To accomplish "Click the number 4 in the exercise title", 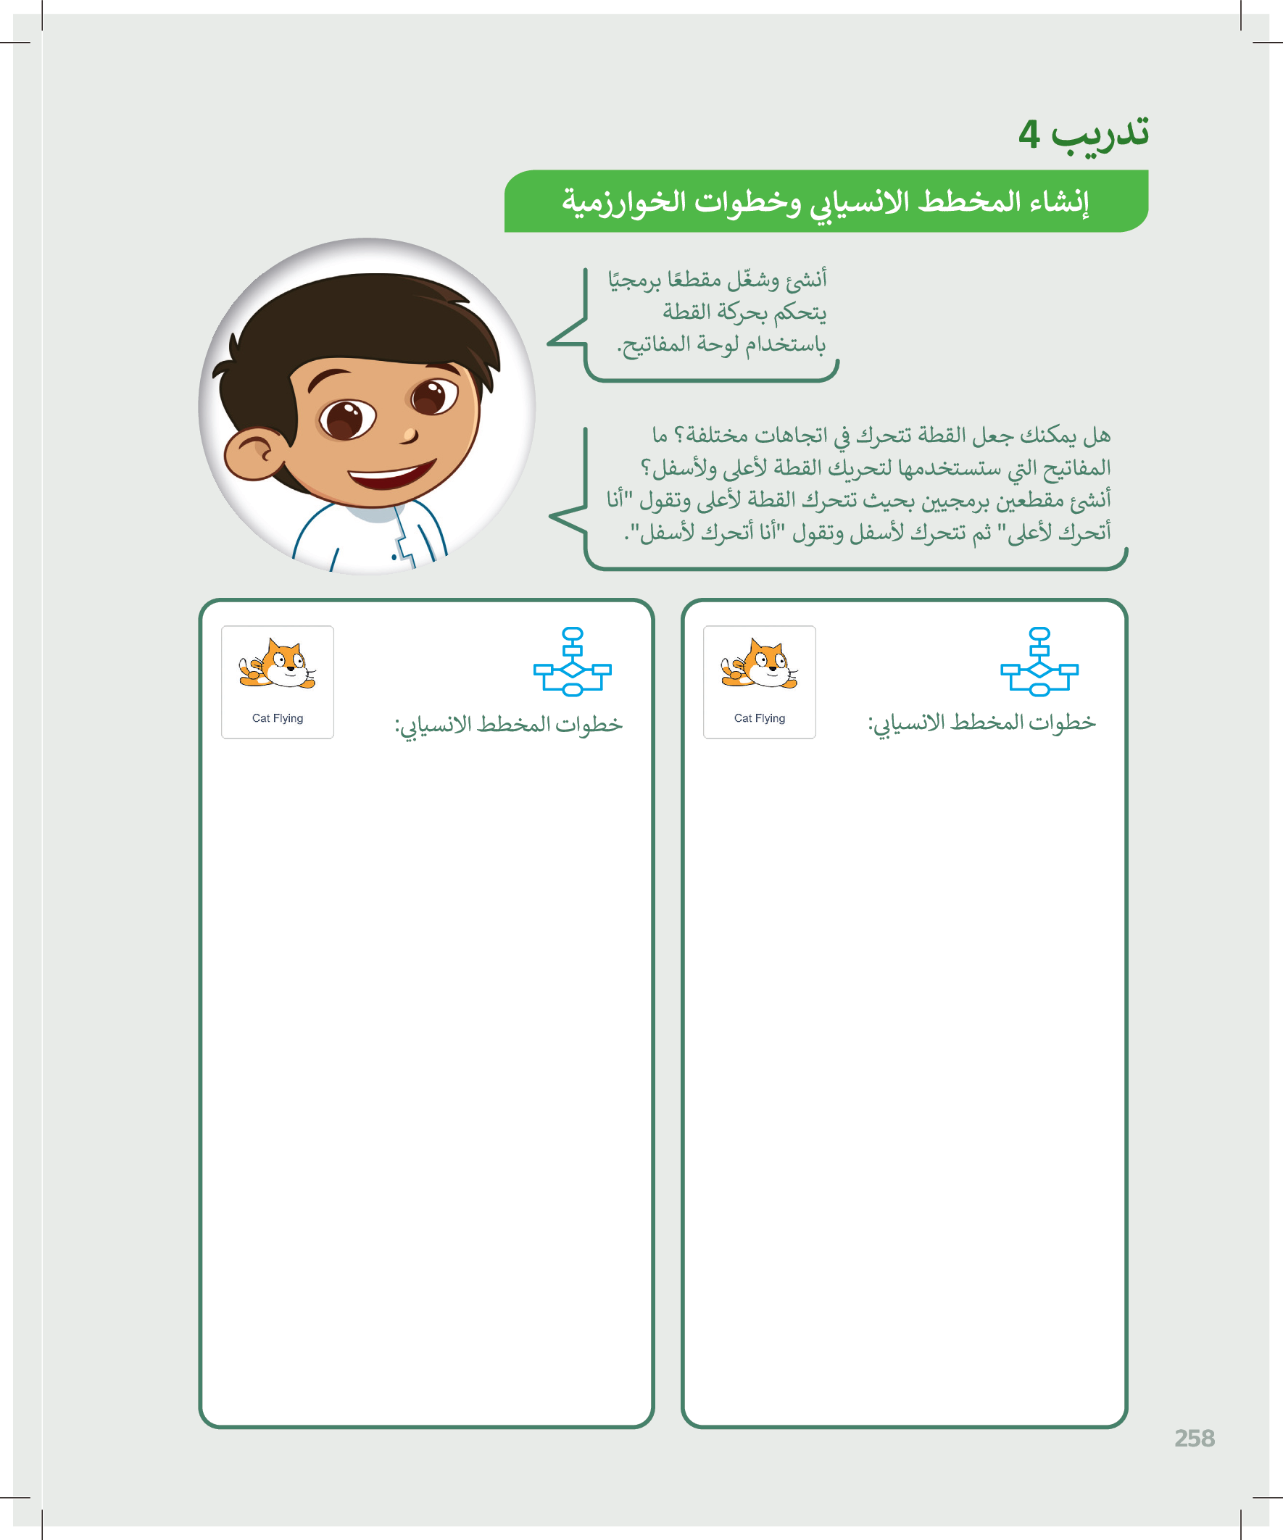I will click(x=1029, y=134).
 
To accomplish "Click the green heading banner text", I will click(x=826, y=201).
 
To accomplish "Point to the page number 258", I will click(x=1195, y=1438).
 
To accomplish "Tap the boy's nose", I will click(x=408, y=436).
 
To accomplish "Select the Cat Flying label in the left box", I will click(x=278, y=718).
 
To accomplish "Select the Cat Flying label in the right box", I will click(x=759, y=718).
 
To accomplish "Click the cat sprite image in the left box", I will click(x=277, y=665).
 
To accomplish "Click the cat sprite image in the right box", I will click(x=759, y=665).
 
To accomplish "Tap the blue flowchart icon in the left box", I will click(x=572, y=662).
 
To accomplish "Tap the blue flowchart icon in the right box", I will click(x=1039, y=662).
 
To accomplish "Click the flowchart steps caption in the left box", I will click(x=508, y=725).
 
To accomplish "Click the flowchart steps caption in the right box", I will click(x=981, y=723).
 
